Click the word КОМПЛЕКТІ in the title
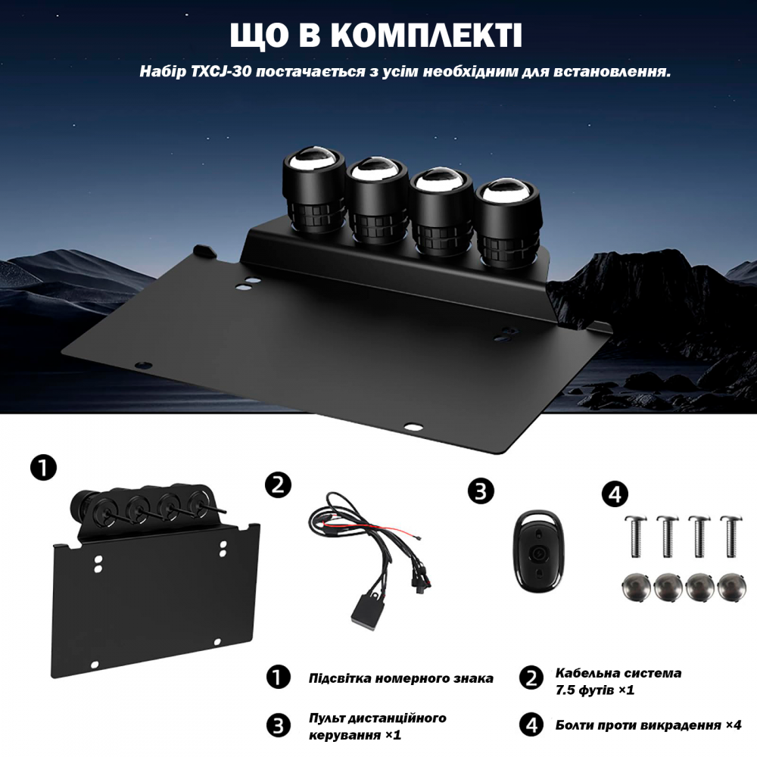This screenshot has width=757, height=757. click(427, 36)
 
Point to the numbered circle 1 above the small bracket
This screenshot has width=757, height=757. click(42, 467)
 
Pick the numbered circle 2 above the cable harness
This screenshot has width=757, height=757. click(278, 484)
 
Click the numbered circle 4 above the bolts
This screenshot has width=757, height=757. click(615, 495)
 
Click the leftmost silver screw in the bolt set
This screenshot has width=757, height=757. click(634, 534)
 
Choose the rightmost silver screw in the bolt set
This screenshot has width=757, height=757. click(730, 534)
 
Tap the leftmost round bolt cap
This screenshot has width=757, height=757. click(634, 587)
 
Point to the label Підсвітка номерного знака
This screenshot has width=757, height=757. click(400, 678)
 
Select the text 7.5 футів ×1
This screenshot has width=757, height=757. click(594, 690)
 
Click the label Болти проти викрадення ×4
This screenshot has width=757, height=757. click(648, 724)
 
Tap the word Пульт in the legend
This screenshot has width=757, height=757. click(326, 717)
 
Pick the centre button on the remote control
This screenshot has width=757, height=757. click(538, 553)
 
